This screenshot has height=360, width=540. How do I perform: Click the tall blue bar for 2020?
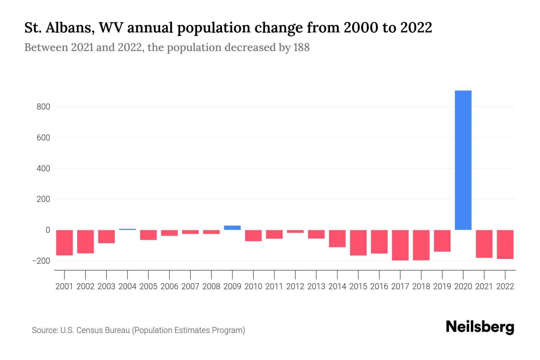463,160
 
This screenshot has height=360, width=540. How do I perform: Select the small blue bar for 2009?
232,228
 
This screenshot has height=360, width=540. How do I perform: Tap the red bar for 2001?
64,242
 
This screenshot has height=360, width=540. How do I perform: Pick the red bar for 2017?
400,245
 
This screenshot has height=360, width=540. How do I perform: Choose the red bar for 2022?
505,244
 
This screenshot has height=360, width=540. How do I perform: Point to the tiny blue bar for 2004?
127,229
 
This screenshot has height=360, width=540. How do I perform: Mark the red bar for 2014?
337,238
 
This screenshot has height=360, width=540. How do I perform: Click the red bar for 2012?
295,231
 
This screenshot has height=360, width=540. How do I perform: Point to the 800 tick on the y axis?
43,107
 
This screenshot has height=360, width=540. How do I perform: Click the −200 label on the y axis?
41,261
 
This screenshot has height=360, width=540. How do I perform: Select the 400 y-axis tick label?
43,169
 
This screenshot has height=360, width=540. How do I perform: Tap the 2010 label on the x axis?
253,286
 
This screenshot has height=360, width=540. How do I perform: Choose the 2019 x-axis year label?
442,286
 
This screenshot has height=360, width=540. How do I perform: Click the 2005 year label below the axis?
148,286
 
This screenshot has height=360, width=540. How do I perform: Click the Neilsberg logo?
480,327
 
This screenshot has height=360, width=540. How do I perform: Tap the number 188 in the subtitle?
301,47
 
